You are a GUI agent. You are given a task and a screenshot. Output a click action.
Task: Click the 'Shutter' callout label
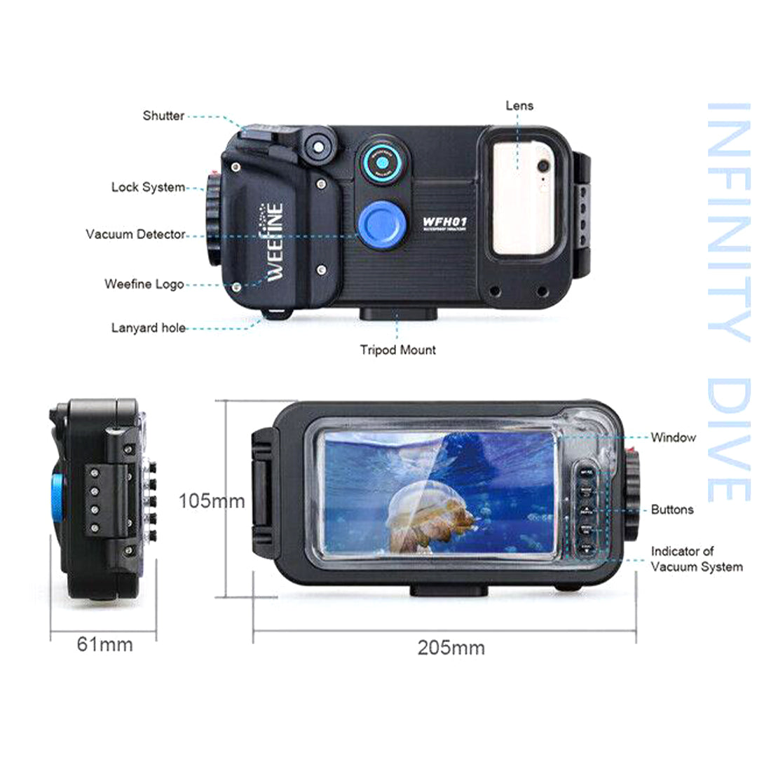point(163,116)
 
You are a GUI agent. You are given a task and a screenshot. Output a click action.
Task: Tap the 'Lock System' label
point(148,187)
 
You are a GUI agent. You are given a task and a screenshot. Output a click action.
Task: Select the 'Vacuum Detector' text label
point(135,234)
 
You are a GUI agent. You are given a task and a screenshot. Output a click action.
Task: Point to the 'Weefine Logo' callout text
point(144,284)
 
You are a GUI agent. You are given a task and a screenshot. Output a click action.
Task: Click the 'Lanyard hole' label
point(149,327)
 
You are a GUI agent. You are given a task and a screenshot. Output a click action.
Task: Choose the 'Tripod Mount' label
point(397,350)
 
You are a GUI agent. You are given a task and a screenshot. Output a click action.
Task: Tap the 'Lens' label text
point(519,106)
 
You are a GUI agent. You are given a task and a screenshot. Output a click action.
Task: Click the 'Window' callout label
point(673,437)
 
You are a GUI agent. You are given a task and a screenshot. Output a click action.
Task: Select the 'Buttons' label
point(671,510)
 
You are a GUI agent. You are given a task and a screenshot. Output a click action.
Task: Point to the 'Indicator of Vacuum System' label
point(696,559)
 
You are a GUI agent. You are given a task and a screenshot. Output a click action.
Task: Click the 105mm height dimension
point(211,501)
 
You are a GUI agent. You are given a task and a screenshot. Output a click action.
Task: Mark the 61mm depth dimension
point(104,643)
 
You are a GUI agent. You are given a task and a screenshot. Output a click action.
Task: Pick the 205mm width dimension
point(451,648)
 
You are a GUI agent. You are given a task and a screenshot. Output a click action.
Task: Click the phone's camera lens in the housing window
point(542,166)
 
